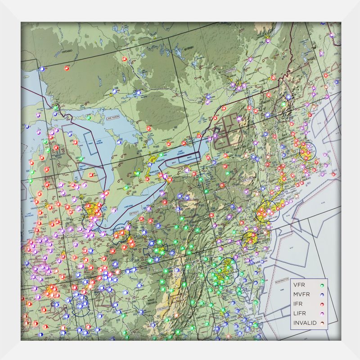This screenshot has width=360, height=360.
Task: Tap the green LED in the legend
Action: (322, 285)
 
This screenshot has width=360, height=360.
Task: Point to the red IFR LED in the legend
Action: (322, 304)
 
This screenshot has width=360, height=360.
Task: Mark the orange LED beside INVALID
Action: (322, 323)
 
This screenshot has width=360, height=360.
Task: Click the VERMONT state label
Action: (265, 102)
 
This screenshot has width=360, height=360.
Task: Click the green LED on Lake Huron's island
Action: (89, 118)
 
